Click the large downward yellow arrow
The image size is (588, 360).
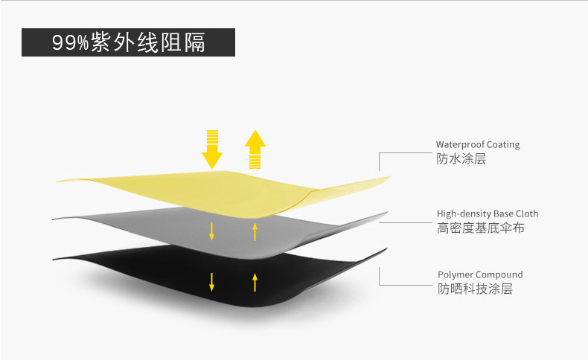(212, 150)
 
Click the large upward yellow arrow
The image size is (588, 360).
(255, 150)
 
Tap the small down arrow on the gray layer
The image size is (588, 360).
(212, 231)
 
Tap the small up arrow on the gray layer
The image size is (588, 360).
(255, 231)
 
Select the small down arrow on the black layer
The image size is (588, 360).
(212, 282)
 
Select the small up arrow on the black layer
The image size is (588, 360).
(255, 283)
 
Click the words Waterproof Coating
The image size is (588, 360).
(478, 144)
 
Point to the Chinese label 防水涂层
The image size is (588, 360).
(461, 159)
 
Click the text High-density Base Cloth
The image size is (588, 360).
(488, 213)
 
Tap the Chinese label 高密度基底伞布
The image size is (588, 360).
(480, 228)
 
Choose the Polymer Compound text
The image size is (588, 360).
(480, 274)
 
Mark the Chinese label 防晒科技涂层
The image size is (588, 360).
(475, 289)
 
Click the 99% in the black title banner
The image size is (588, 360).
(70, 42)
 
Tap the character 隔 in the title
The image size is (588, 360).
(194, 42)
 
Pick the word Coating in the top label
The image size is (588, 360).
(503, 144)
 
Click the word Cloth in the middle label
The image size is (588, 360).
(527, 213)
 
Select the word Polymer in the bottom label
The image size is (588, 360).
(453, 274)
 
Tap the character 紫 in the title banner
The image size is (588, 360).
(100, 42)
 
